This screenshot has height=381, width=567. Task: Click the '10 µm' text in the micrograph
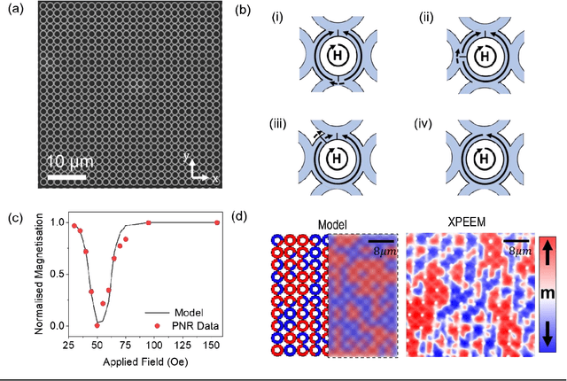70,162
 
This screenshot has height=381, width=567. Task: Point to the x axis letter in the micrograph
214,179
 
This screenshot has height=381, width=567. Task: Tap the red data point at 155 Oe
218,222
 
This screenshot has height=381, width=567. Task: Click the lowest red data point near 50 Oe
97,324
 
